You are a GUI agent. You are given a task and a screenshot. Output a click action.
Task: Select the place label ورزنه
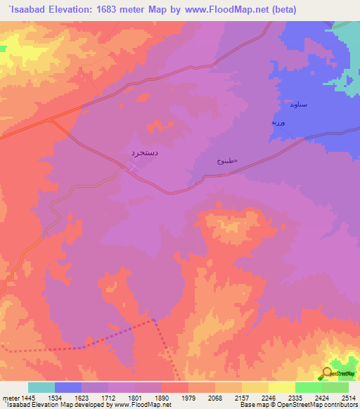(x=281, y=122)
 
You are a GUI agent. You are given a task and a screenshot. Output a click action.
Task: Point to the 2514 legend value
(x=349, y=398)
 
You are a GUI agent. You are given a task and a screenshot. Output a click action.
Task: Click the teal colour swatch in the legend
(x=41, y=387)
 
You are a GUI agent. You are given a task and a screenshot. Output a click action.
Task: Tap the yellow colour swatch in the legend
(x=282, y=387)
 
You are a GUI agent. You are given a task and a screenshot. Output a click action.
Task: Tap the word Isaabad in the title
(x=27, y=9)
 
